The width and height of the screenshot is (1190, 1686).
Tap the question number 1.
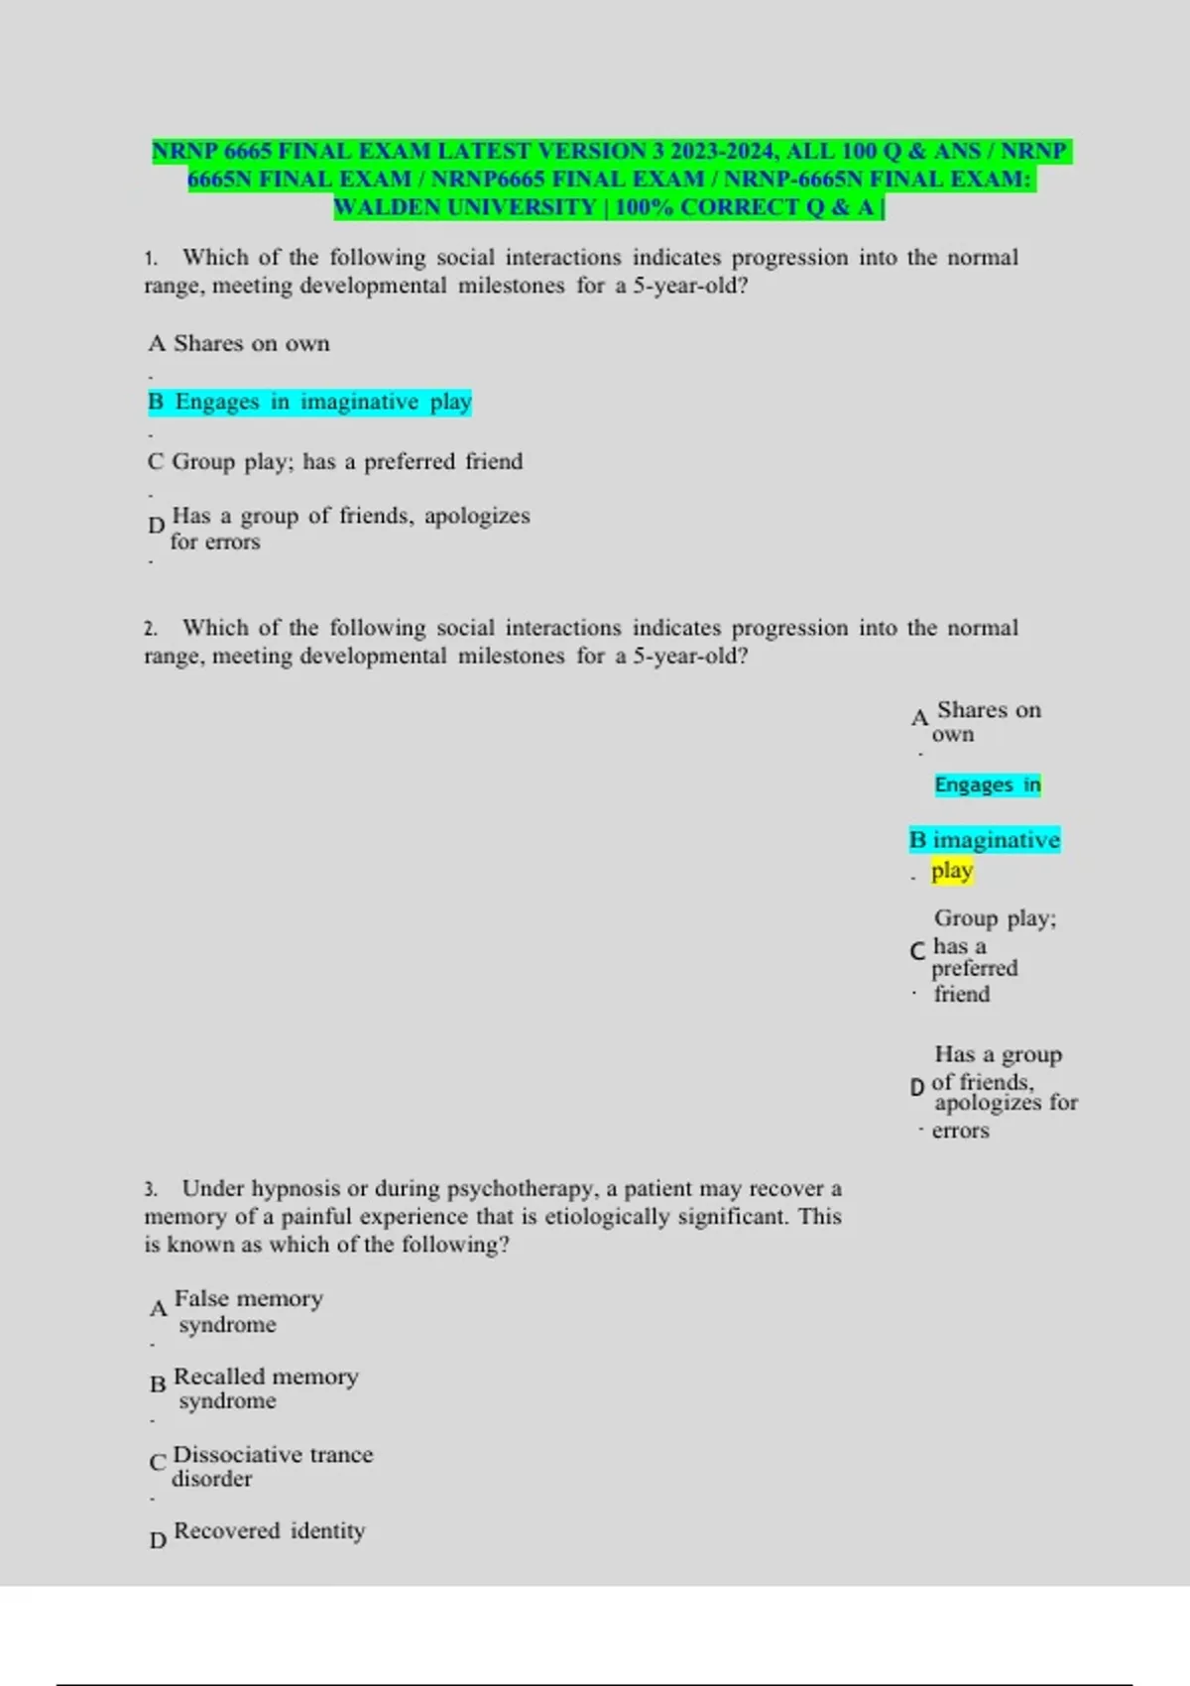150,259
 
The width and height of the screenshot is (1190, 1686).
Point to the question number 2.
150,629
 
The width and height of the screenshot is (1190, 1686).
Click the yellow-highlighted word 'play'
952,871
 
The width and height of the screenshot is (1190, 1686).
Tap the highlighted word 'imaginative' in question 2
996,840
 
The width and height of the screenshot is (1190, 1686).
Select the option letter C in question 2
917,951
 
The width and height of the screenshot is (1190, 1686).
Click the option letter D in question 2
917,1088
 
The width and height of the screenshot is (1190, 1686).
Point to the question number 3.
150,1189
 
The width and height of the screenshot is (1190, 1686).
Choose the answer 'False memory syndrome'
248,1310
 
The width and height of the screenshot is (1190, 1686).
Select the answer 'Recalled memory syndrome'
265,1387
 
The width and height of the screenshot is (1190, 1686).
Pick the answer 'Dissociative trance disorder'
272,1465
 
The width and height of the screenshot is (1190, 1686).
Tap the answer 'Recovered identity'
269,1530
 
